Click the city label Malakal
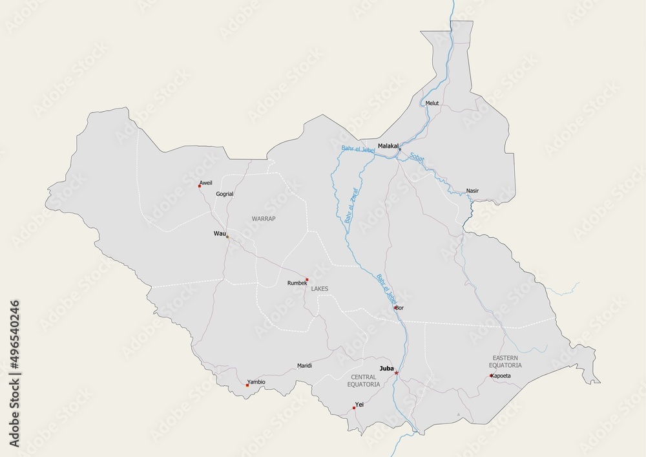coord(388,146)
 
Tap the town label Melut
coord(432,103)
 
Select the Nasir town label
coord(473,191)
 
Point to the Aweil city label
coord(205,183)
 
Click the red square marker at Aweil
coord(200,186)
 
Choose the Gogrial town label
coord(225,193)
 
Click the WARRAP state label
coord(264,218)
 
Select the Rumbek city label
coord(297,283)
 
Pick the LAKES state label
coord(320,288)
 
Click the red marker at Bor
coord(395,308)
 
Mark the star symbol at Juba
coord(397,373)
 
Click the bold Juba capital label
coord(387,368)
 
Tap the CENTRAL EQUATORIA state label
coord(363,380)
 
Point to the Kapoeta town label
coord(501,376)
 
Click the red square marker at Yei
coord(354,408)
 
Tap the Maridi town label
coord(304,365)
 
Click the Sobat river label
coord(417,161)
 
